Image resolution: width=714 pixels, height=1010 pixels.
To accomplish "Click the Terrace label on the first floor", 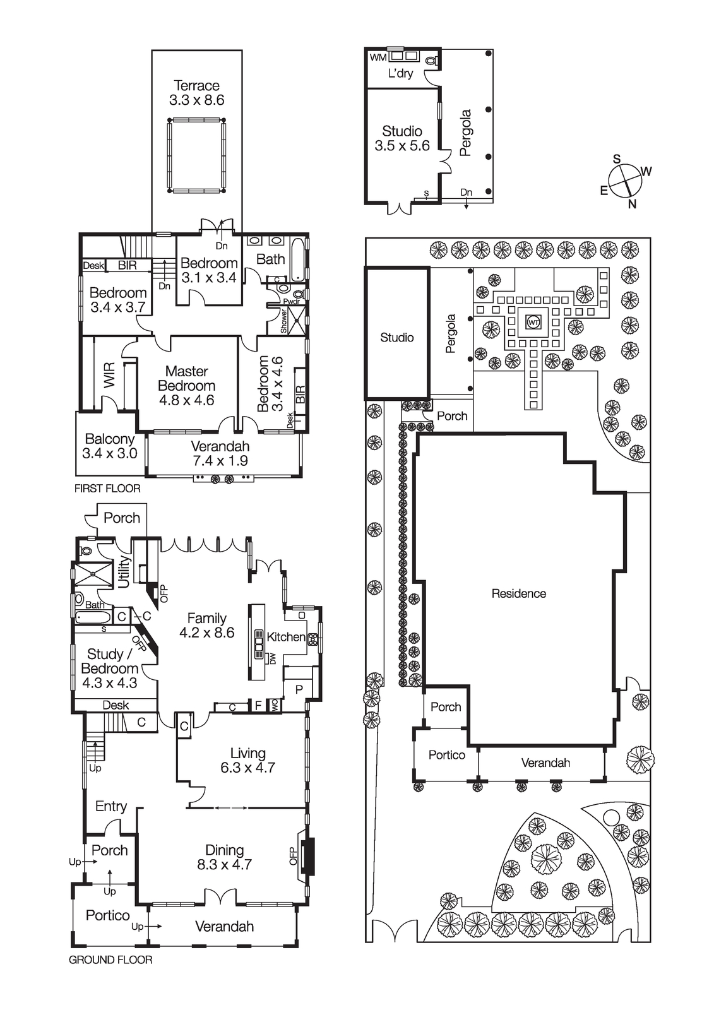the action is coord(197,85).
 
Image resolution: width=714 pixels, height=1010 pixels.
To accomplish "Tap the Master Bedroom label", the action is coord(186,378).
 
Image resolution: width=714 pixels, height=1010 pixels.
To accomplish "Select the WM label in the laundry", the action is coord(378,57).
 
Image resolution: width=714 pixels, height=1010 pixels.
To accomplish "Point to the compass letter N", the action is coord(633,205).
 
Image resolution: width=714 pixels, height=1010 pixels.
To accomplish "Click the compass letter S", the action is coord(617,158).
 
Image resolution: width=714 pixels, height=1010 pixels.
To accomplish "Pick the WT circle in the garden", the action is coord(533,323).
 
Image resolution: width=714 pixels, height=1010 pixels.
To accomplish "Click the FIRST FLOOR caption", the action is coord(107,489).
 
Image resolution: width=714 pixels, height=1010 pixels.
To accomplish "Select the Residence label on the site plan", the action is coord(519,593).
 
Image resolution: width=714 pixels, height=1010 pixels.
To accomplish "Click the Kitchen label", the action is coord(286,637).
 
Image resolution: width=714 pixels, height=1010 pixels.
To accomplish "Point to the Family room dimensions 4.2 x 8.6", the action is coord(206,633).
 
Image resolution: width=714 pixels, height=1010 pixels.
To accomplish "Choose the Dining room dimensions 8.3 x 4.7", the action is coord(224,864).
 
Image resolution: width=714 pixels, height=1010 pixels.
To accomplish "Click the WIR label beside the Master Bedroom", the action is coord(110,375).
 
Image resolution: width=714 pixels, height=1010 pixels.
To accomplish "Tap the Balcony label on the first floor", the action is coord(110,439).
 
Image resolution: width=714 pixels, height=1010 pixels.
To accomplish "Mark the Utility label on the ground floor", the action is coord(124,572).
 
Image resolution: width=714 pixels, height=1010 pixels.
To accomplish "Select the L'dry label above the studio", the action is coord(400,73).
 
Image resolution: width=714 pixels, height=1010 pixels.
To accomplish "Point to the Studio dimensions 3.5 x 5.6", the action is coord(402,146).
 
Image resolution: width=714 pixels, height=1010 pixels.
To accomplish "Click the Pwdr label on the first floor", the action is coord(292,302).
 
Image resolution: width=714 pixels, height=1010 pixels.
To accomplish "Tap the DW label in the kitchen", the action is coord(273,659).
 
